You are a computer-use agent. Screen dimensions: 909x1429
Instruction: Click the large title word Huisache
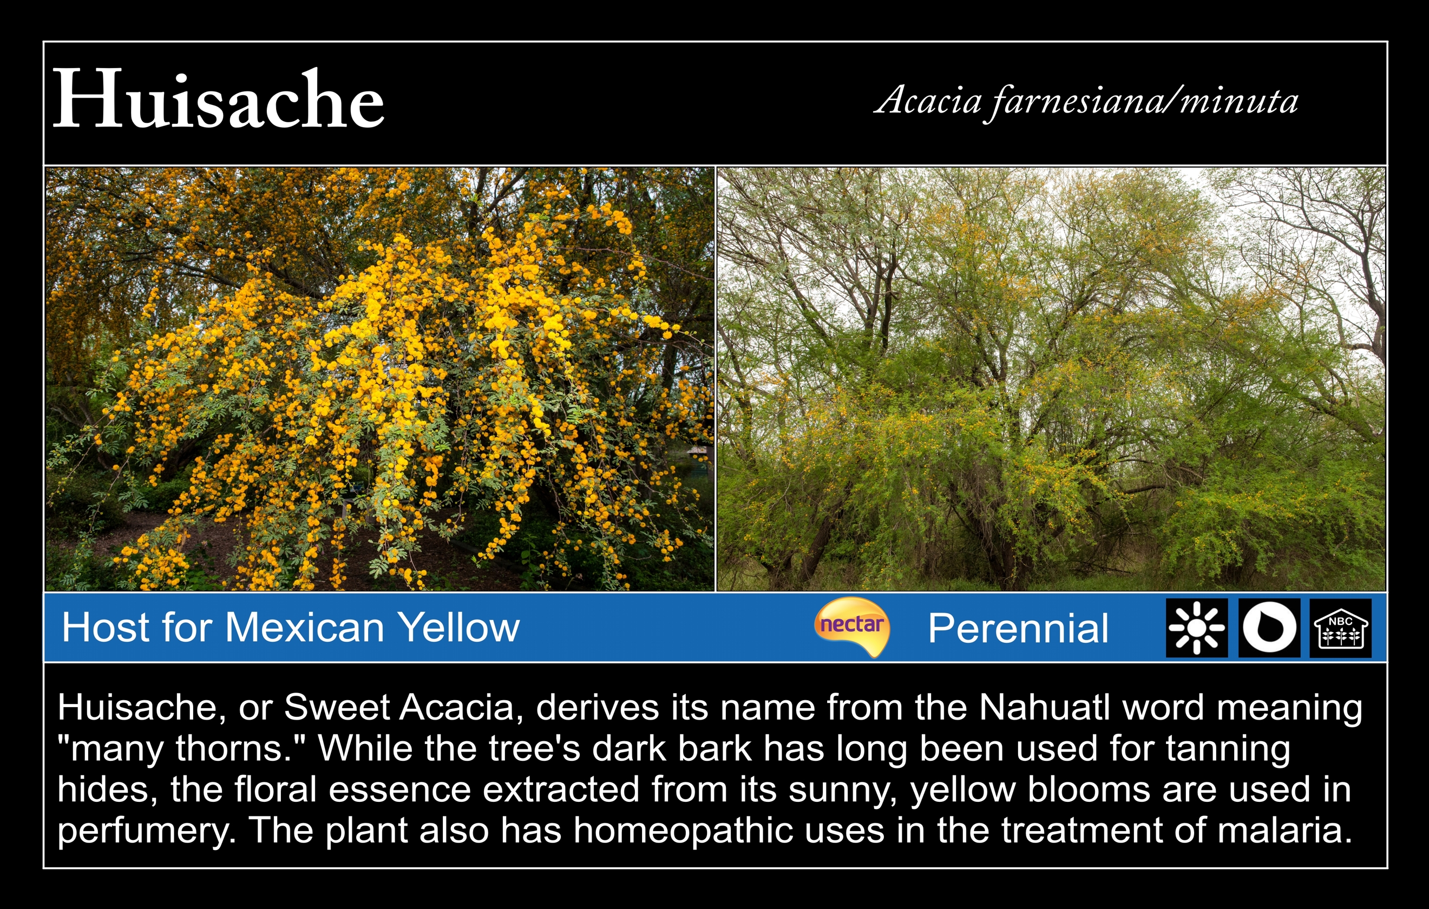pos(218,99)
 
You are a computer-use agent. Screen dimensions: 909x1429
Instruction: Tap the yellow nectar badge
pos(852,625)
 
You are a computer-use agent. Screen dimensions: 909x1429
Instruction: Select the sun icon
pos(1196,628)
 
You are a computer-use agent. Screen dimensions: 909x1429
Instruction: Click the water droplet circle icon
pos(1269,628)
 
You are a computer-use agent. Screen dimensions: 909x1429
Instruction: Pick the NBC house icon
pos(1341,628)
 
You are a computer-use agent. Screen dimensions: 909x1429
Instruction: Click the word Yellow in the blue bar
pos(458,627)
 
